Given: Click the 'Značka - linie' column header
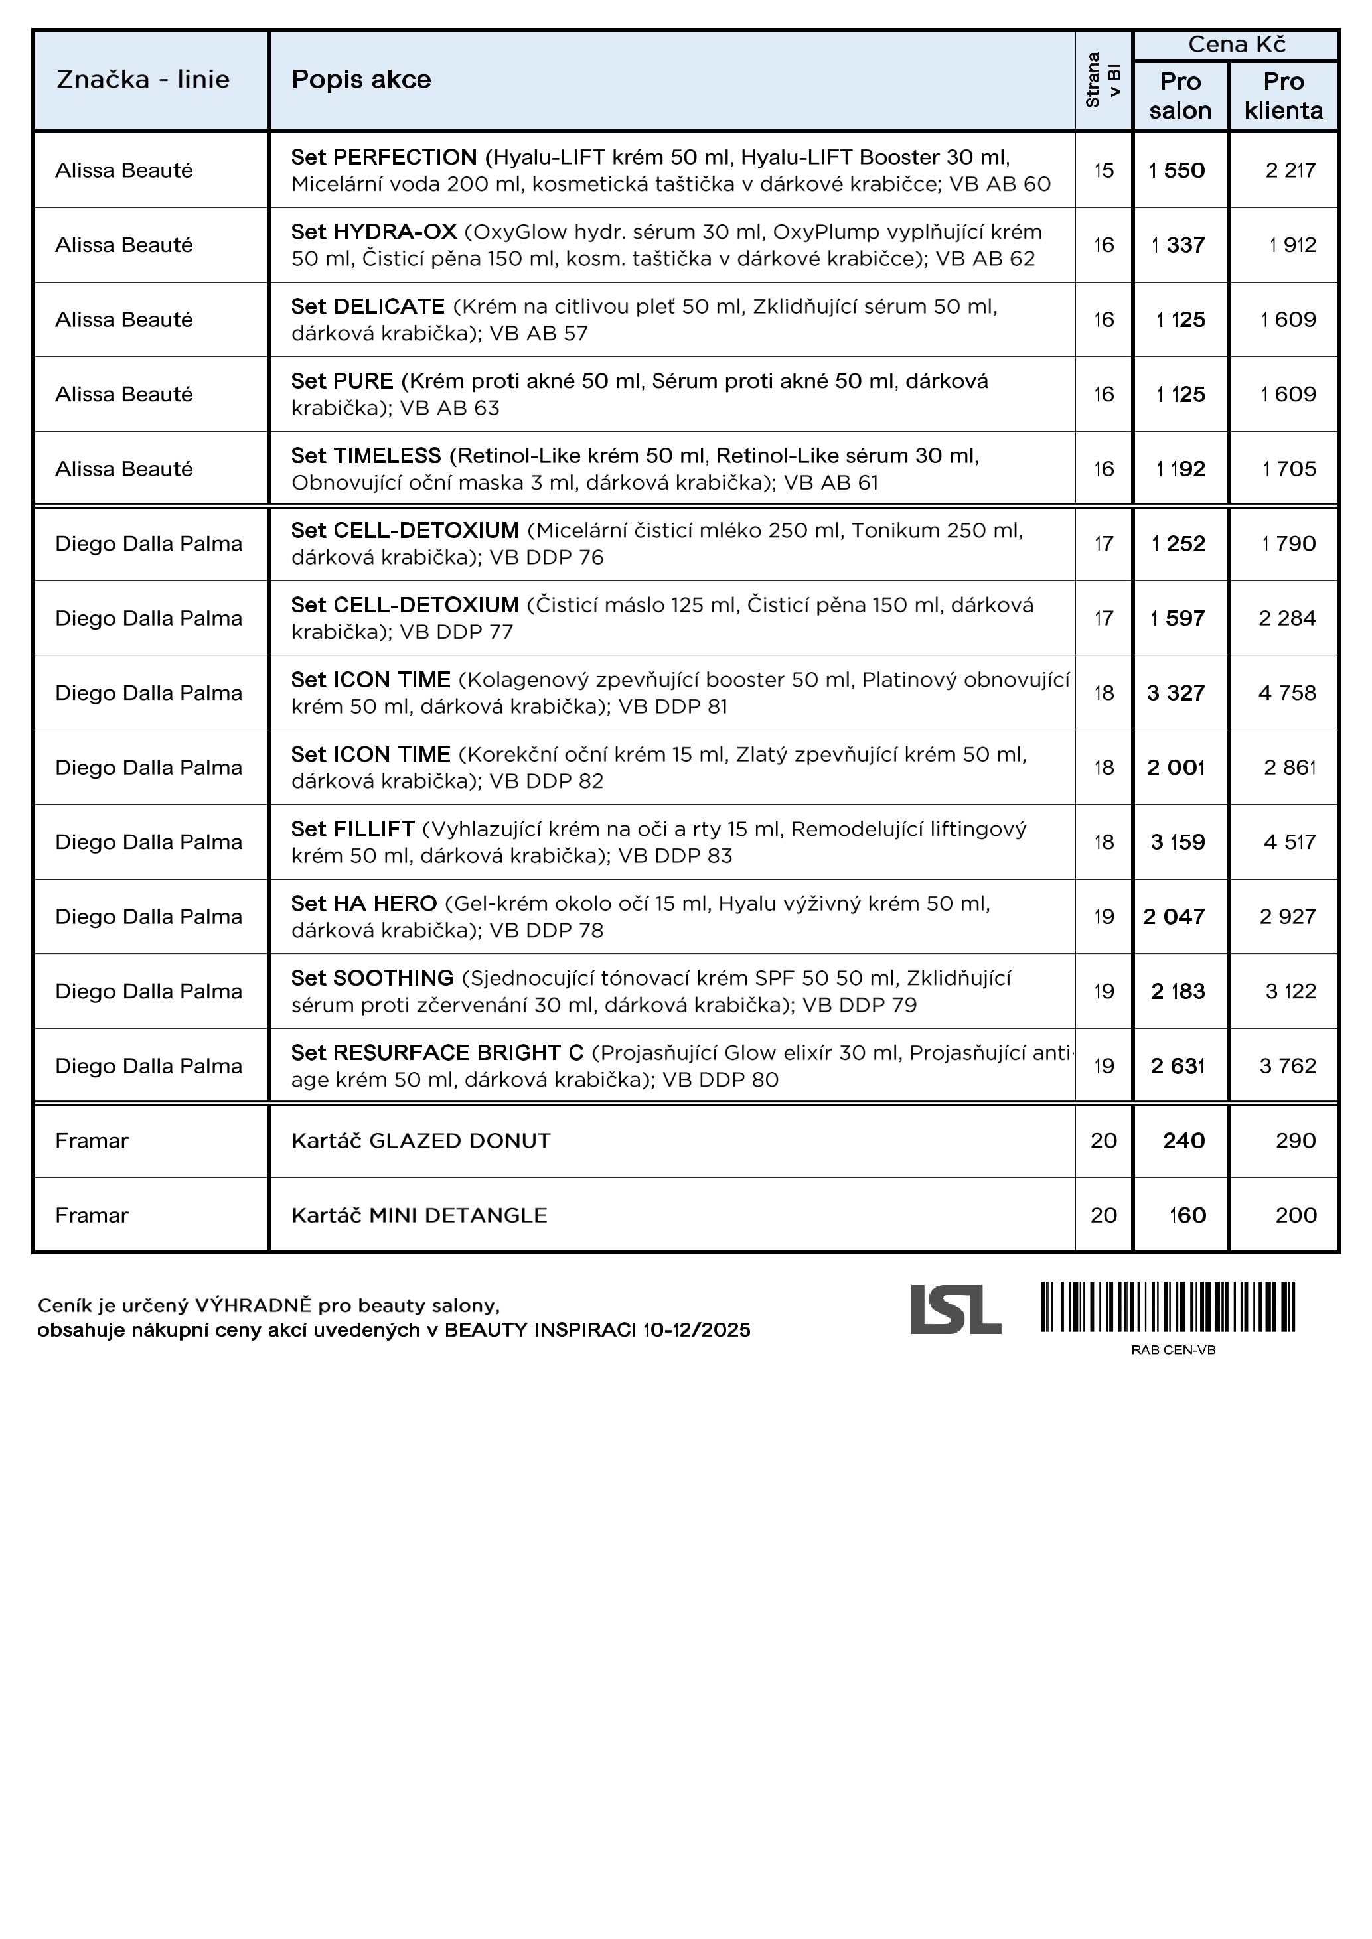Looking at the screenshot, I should tap(143, 80).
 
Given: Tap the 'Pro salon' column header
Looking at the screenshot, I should tap(1180, 96).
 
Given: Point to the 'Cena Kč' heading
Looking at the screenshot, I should tap(1236, 44).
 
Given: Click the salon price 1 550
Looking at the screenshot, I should tap(1177, 170).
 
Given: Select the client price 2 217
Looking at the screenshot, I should tap(1290, 170).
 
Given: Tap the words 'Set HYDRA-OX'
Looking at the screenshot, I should tap(374, 232).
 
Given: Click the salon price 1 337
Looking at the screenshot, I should tap(1178, 245).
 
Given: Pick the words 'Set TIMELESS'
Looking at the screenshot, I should tap(366, 456).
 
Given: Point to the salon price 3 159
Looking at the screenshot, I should tap(1177, 842).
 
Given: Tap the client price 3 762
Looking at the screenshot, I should tap(1288, 1066).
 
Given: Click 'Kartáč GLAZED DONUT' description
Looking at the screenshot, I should tap(421, 1141).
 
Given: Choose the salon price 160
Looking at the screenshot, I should tap(1186, 1215).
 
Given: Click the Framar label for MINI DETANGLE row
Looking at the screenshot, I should tap(92, 1215).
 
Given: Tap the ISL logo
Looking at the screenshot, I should tap(956, 1310).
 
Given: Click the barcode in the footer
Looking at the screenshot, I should tap(1168, 1307).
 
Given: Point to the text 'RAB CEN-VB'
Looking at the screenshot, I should tap(1173, 1349).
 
